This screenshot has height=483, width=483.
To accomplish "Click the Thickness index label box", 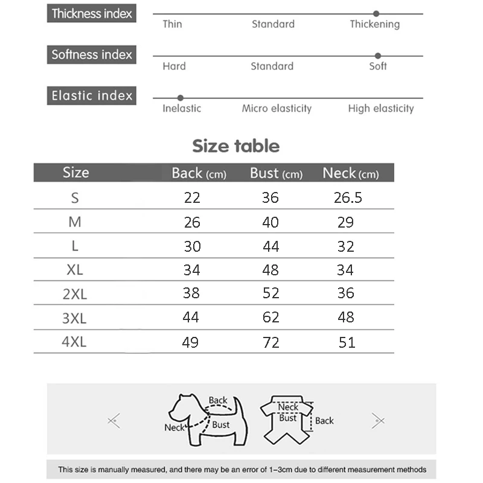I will pos(92,13).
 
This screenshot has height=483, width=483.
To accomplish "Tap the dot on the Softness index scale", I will pos(378,56).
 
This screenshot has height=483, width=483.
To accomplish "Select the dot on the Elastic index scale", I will pos(180,97).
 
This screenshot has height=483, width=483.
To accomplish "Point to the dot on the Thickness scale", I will pos(376,13).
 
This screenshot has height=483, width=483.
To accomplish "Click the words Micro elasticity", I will pos(277,109).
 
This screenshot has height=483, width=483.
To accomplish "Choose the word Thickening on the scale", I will pos(374,24).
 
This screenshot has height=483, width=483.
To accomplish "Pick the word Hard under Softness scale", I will pos(174,66).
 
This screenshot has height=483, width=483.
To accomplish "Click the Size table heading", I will pos(235,146).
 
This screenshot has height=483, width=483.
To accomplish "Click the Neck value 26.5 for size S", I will pos(348,197).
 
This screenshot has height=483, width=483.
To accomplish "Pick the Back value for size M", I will pos(192,222).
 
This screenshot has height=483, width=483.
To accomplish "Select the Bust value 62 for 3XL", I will pos(270,318).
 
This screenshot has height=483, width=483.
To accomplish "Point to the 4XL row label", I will pos(74,342).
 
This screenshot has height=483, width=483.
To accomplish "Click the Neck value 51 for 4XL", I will pos(347,343).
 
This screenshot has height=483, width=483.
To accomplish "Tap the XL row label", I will pos(75,270).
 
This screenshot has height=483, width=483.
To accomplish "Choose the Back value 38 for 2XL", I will pos(191,293).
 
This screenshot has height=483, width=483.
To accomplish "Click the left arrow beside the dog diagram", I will pos(114,420).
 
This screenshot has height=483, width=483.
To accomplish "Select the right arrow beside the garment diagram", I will pos(378,420).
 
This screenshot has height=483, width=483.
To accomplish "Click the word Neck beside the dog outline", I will pos(174,427).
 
